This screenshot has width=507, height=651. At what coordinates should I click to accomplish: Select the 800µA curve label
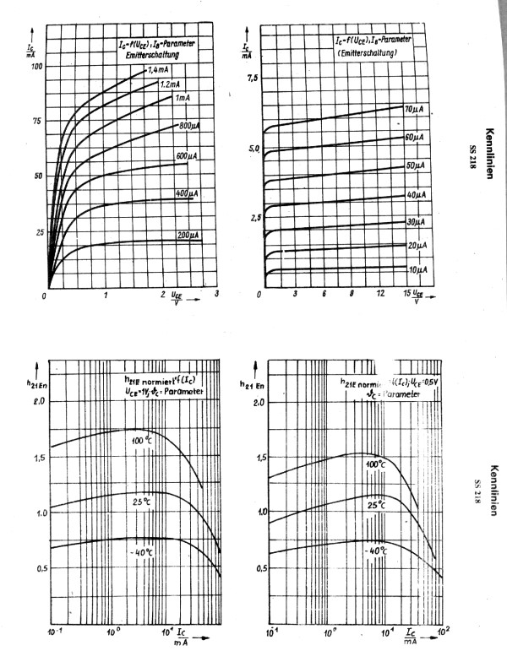pyautogui.click(x=189, y=126)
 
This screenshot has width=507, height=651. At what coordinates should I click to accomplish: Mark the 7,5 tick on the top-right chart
pyautogui.click(x=252, y=78)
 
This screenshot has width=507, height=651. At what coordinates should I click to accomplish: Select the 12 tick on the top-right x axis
pyautogui.click(x=381, y=293)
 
